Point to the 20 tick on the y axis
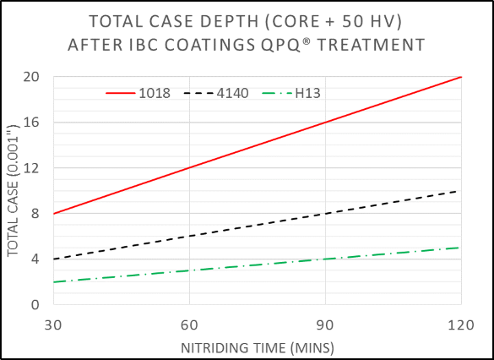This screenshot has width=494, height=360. pos(35,77)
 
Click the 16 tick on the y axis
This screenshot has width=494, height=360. pos(35,123)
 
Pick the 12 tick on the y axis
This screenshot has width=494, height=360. pos(35,168)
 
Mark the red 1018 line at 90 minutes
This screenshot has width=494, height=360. pos(325,123)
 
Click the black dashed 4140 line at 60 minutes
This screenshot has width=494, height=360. pos(189,237)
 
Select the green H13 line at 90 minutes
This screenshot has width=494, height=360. pos(325,259)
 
